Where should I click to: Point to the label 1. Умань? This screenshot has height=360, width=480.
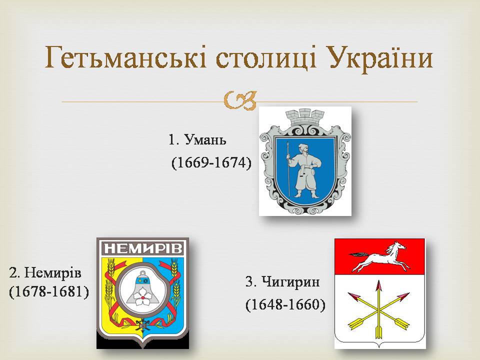pyautogui.click(x=197, y=140)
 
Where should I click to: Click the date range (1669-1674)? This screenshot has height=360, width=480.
pyautogui.click(x=211, y=162)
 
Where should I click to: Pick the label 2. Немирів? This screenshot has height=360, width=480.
pyautogui.click(x=45, y=272)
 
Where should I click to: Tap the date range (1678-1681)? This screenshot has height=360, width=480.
pyautogui.click(x=49, y=291)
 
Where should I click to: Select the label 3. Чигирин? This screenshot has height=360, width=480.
pyautogui.click(x=282, y=281)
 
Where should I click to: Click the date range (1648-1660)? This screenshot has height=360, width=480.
pyautogui.click(x=285, y=304)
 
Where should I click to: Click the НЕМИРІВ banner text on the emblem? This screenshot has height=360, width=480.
pyautogui.click(x=143, y=249)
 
